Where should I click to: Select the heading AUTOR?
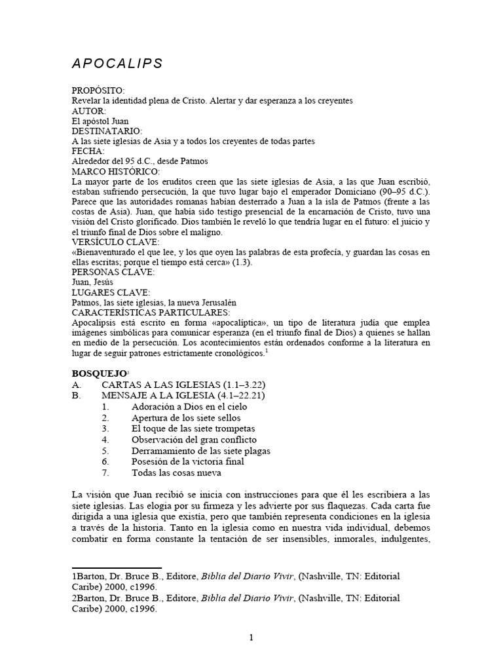click(x=89, y=111)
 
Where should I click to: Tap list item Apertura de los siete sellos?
click(x=186, y=418)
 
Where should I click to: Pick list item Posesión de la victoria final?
click(x=187, y=461)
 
